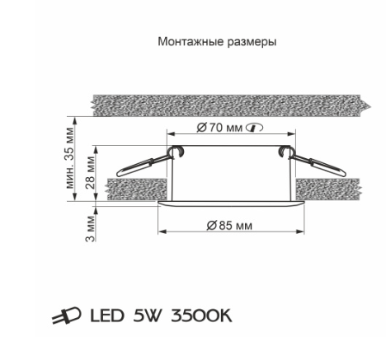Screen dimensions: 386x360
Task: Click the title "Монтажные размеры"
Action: pyautogui.click(x=217, y=42)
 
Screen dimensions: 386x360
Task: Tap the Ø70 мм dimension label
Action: pyautogui.click(x=220, y=128)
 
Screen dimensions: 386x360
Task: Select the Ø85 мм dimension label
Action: pyautogui.click(x=229, y=226)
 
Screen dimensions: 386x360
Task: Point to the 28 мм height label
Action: pyautogui.click(x=90, y=172)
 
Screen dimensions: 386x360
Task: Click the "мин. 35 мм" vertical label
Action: pyautogui.click(x=69, y=158)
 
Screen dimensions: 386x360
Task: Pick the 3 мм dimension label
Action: pyautogui.click(x=90, y=228)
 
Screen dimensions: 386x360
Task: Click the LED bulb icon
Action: pyautogui.click(x=67, y=316)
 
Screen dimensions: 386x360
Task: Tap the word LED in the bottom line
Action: pyautogui.click(x=107, y=316)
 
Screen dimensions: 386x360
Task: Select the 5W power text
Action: pyautogui.click(x=147, y=316)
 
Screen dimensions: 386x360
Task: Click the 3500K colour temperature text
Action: pyautogui.click(x=201, y=316)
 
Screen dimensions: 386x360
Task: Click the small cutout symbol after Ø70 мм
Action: pyautogui.click(x=255, y=128)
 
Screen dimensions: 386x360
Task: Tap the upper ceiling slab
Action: pyautogui.click(x=231, y=105)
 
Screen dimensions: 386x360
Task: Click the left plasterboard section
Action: pyautogui.click(x=137, y=189)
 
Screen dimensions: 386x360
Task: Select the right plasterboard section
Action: pyautogui.click(x=328, y=189)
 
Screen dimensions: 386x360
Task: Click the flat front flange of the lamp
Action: pyautogui.click(x=231, y=203)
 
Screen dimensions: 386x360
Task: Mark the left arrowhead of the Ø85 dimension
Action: pyautogui.click(x=162, y=232)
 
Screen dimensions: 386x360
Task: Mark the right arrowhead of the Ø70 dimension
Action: pyautogui.click(x=291, y=134)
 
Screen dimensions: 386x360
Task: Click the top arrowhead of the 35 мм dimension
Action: pyautogui.click(x=75, y=121)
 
